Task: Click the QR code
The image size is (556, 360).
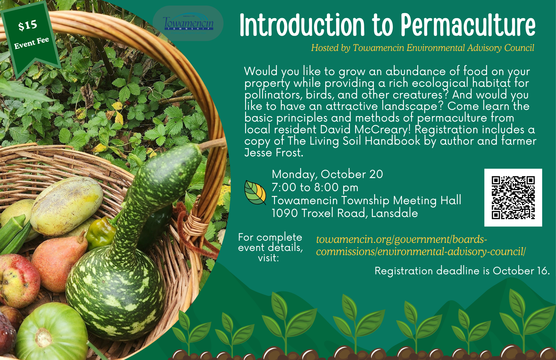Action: (x=513, y=198)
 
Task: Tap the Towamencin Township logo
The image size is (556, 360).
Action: (x=188, y=23)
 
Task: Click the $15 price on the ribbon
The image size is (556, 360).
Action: (x=28, y=25)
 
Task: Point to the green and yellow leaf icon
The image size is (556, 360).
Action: (x=255, y=192)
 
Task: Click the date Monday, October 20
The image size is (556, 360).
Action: (x=327, y=174)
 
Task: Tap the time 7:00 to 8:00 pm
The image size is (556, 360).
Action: (x=315, y=188)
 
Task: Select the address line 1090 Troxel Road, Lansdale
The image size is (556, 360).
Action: (x=345, y=213)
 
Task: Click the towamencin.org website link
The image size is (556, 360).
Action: (x=421, y=245)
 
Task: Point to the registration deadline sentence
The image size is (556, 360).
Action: (x=462, y=271)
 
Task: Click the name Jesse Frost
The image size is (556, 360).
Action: (x=274, y=153)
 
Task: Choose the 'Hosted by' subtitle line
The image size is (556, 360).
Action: (x=423, y=48)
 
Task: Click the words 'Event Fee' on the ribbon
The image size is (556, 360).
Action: (x=32, y=43)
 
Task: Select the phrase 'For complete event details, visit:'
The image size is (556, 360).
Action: (x=270, y=248)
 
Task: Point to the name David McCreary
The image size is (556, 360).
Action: (x=365, y=130)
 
